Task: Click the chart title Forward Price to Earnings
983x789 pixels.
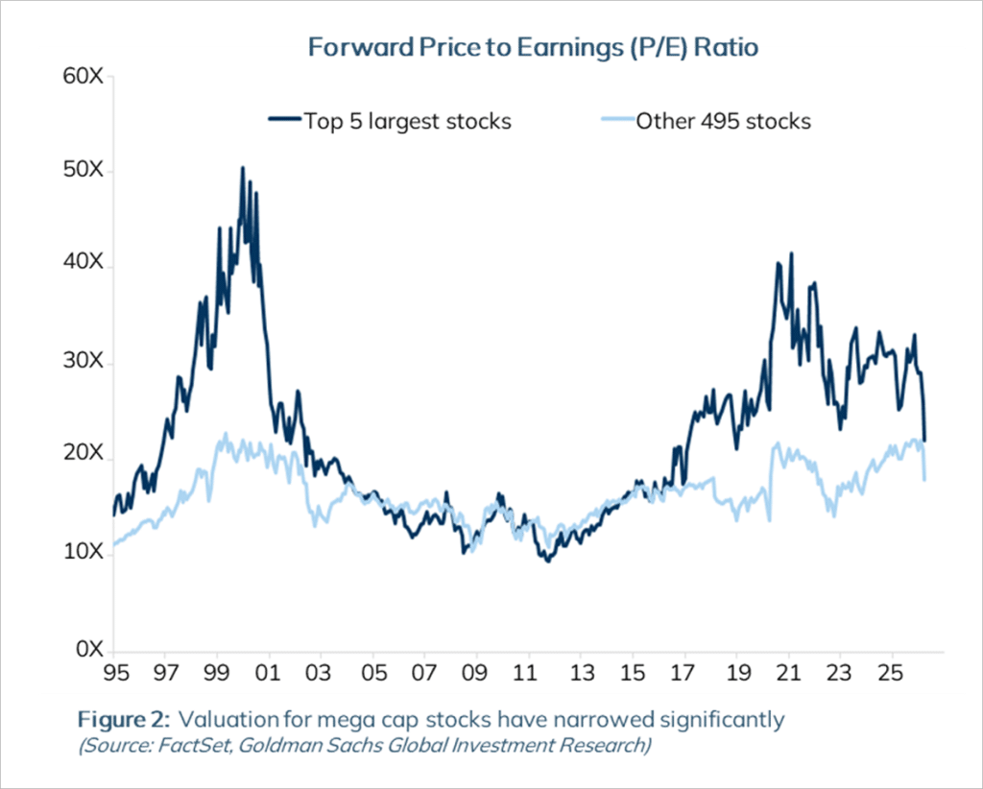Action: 533,46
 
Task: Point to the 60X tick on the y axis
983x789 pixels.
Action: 82,77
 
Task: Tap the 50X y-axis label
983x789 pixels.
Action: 82,173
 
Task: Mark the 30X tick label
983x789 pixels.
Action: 82,363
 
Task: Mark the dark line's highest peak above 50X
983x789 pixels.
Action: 242,168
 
